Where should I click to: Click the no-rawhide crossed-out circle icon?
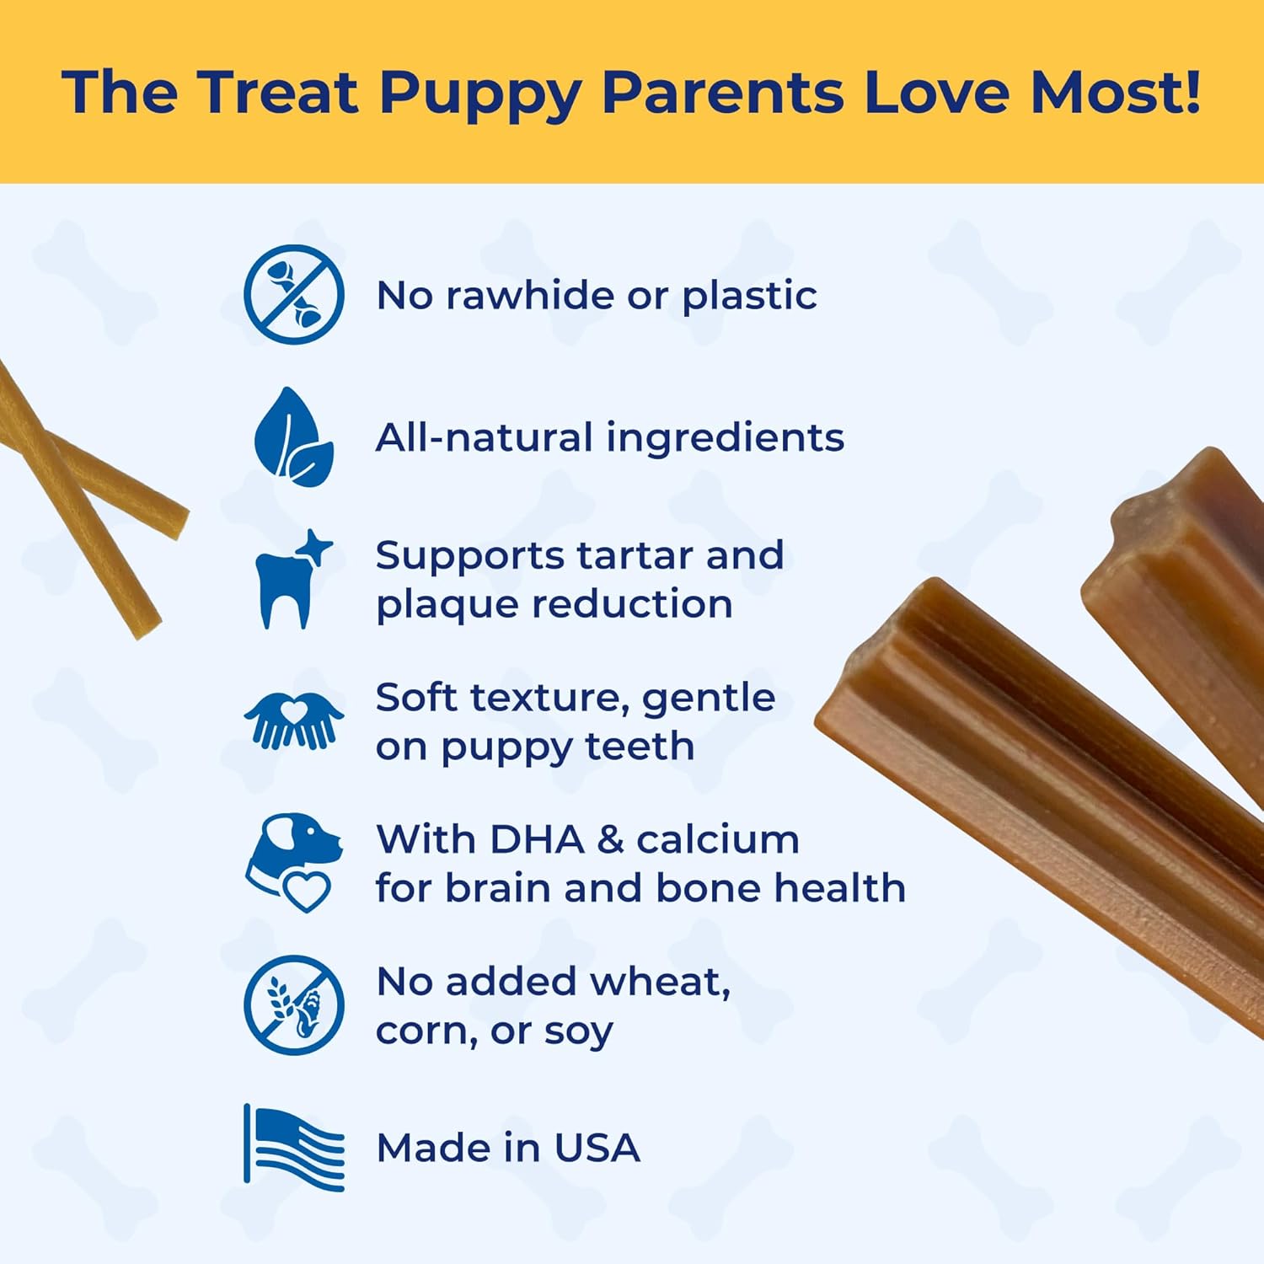point(293,294)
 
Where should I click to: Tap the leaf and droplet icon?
point(293,437)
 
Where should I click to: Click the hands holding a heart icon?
point(293,720)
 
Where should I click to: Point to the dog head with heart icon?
point(293,862)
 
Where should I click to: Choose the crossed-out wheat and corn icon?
point(293,1004)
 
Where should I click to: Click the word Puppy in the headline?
point(480,93)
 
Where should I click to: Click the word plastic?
point(749,296)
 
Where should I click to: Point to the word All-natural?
point(484,437)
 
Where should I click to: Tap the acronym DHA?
point(537,839)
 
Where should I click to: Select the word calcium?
point(717,839)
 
